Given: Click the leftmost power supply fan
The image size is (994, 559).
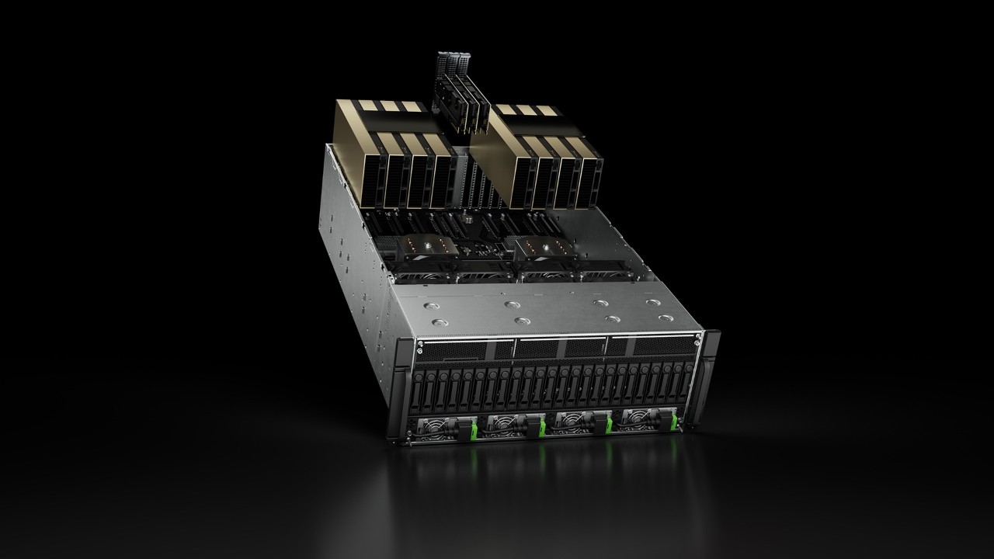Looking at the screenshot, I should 432,426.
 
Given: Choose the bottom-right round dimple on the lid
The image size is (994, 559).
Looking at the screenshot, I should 665,319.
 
